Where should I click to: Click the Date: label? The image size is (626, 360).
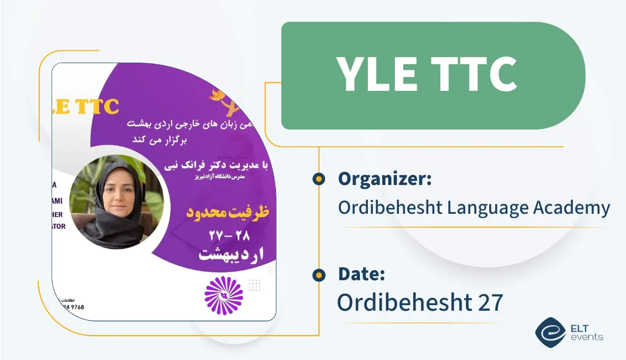point(361,274)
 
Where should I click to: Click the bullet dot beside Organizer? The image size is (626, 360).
point(319,179)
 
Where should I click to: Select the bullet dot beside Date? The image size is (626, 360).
point(319,274)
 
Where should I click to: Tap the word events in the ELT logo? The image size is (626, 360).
point(588,337)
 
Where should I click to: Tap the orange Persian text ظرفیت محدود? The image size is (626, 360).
point(225,212)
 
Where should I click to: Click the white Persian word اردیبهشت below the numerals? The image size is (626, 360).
point(231,254)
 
